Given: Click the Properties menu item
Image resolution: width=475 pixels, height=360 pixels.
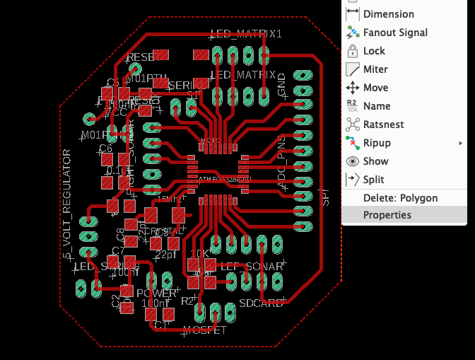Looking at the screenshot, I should (387, 215).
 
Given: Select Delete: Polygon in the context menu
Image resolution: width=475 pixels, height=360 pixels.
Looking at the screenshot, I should (400, 197).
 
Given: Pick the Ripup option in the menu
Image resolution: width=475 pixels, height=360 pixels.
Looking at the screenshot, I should (377, 142).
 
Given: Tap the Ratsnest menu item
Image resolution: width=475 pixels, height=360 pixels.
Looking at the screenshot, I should (383, 124).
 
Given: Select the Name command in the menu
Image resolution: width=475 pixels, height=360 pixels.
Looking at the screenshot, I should (376, 105).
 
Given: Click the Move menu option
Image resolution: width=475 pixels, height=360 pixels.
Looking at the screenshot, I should (376, 87).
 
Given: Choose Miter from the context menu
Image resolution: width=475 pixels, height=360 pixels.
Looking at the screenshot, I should (375, 69).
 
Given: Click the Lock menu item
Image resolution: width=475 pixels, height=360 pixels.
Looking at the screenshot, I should (374, 50).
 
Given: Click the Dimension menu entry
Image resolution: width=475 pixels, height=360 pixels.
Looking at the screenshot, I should (388, 13).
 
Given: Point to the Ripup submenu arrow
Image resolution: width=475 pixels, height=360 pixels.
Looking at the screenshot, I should (461, 143).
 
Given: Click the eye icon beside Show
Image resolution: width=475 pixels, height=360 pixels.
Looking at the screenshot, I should (353, 161).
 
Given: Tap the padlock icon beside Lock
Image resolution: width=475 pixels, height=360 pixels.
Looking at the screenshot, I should (353, 50).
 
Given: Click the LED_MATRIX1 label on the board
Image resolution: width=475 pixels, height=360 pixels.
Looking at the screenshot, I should (247, 33).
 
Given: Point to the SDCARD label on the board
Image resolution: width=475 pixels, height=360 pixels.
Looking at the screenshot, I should (261, 303).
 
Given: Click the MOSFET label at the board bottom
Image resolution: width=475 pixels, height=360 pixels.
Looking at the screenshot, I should (204, 330).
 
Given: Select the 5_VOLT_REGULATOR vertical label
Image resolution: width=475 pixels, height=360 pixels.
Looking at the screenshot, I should (68, 205).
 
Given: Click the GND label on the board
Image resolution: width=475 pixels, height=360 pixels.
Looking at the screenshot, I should (282, 84).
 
